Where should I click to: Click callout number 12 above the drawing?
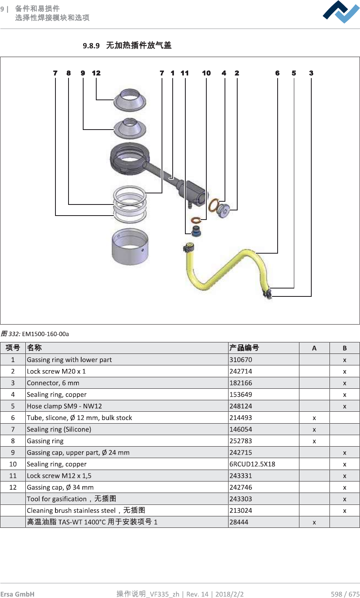[96, 73]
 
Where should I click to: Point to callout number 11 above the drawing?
[185, 73]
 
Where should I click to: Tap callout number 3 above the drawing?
[311, 73]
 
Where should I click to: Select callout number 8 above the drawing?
[69, 73]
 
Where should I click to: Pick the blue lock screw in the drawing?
[196, 231]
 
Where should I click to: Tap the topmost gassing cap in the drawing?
[130, 100]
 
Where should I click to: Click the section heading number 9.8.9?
[91, 46]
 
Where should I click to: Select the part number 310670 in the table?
[241, 360]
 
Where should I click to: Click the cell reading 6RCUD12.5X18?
[252, 464]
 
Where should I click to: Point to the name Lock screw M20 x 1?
[56, 371]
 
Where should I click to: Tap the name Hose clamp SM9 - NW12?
[64, 406]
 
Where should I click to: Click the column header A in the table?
[314, 348]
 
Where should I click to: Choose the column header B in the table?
[345, 348]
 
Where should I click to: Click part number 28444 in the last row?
[239, 522]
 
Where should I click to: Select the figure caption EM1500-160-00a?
[45, 334]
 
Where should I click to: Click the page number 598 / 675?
[345, 594]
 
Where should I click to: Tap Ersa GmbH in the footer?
[17, 594]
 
